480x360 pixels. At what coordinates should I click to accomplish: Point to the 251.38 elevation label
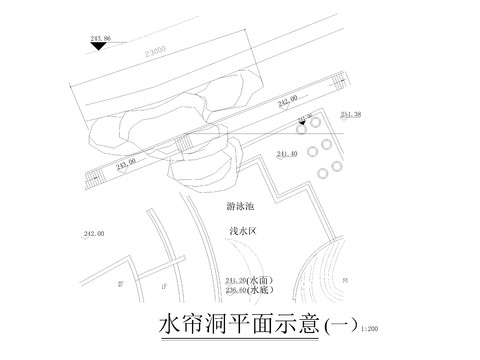[350, 115]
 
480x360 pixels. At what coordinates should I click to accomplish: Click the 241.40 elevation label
[287, 153]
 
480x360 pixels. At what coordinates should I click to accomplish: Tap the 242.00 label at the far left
[94, 234]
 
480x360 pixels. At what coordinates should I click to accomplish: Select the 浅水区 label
[244, 230]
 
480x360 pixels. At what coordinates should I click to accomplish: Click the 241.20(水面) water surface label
[251, 281]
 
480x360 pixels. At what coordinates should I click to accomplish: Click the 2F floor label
[121, 284]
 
